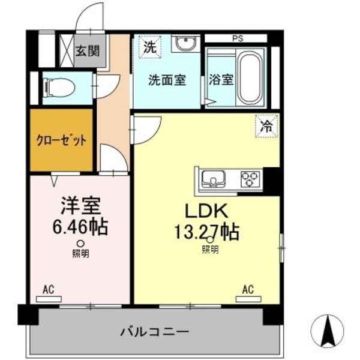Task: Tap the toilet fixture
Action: click(x=59, y=88)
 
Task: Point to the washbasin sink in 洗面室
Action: click(x=184, y=46)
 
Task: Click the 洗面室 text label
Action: click(x=167, y=80)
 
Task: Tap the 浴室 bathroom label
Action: click(x=221, y=80)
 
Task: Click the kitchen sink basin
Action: click(x=212, y=178)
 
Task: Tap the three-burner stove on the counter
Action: click(x=250, y=178)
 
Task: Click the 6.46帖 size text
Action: click(x=80, y=227)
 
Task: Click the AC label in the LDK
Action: click(x=247, y=290)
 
